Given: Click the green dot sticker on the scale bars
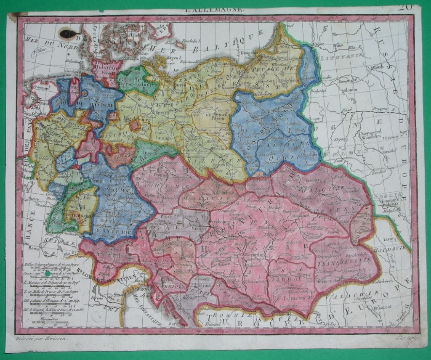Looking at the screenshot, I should point(48,274).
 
